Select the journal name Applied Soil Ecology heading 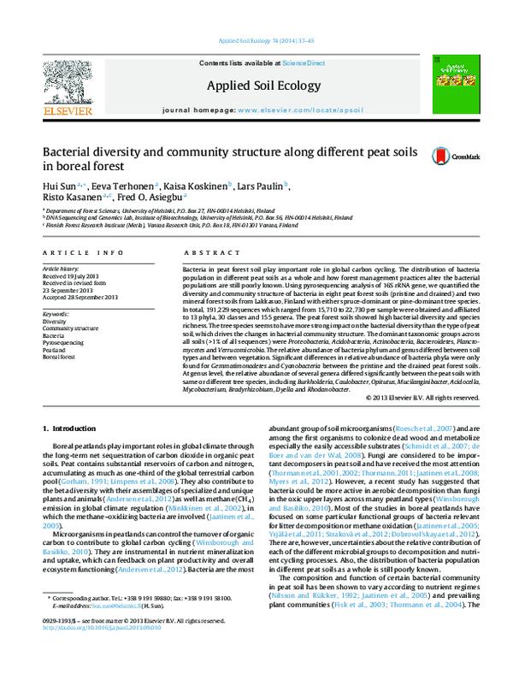[256, 86]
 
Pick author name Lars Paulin [262, 186]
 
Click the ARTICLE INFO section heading [77, 254]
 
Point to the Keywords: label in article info [56, 315]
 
